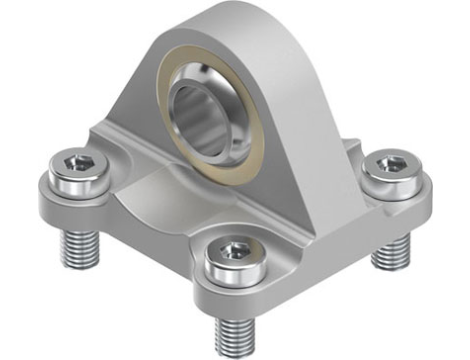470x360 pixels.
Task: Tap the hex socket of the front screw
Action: (231, 247)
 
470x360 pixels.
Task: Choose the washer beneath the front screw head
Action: (230, 275)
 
